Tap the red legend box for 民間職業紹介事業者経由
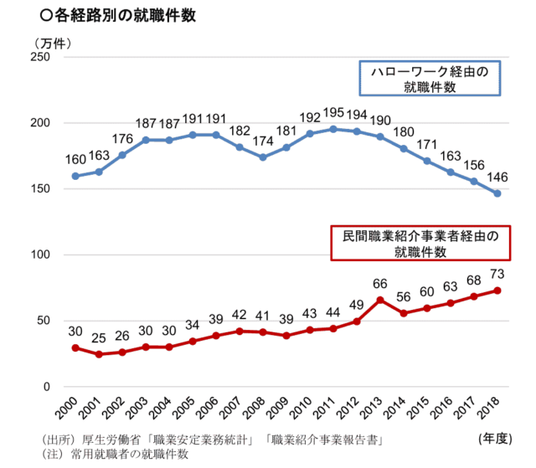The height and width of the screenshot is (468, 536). click(x=420, y=243)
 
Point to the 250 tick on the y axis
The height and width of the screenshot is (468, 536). click(x=40, y=57)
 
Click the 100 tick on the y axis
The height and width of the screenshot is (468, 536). click(x=40, y=255)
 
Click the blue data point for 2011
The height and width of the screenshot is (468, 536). click(x=333, y=129)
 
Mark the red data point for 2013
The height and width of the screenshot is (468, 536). click(x=380, y=300)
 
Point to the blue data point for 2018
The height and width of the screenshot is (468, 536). click(x=497, y=193)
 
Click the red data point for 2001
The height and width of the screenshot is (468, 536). click(x=99, y=354)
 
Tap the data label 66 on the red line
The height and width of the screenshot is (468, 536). click(x=380, y=283)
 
